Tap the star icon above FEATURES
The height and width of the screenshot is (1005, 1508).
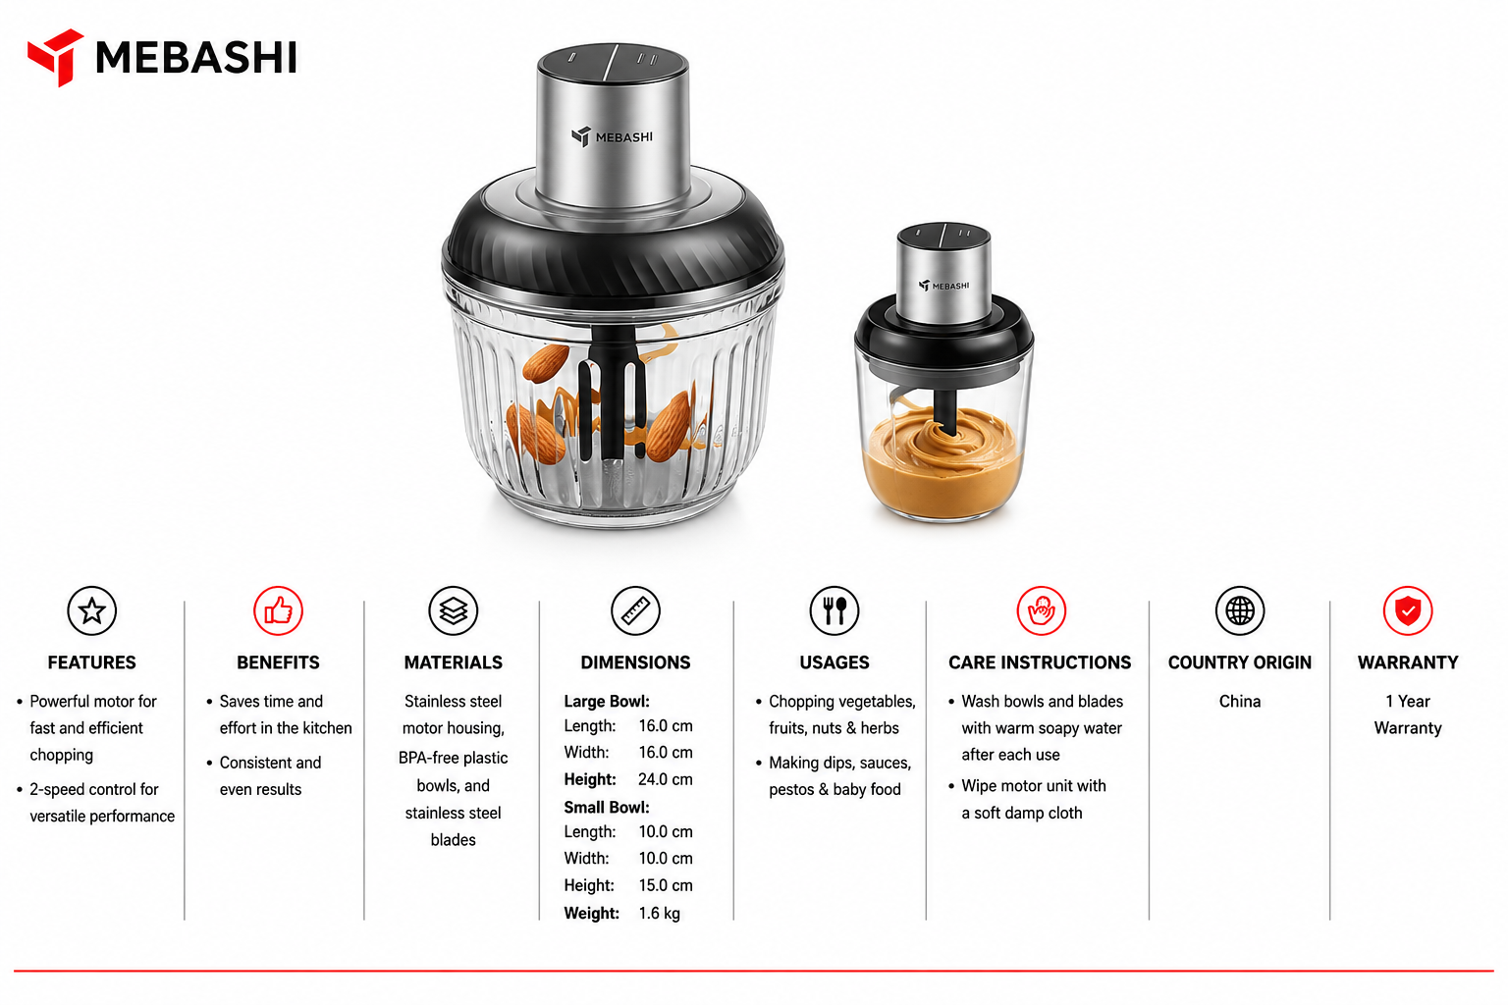(x=91, y=611)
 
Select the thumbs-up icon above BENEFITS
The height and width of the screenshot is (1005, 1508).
(x=278, y=611)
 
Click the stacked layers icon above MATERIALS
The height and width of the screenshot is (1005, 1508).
(x=453, y=611)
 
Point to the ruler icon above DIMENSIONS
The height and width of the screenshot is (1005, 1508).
(x=635, y=611)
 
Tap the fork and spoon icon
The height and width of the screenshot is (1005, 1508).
(x=835, y=611)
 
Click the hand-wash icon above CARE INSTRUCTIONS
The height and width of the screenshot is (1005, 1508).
(x=1041, y=611)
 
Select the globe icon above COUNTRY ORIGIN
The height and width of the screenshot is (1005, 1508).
(x=1240, y=611)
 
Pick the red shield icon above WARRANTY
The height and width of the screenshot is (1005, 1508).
(x=1408, y=611)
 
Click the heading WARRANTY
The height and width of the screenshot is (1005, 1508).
(x=1408, y=662)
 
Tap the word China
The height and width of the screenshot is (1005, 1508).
(x=1240, y=702)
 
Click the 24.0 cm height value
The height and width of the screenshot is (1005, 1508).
(x=665, y=779)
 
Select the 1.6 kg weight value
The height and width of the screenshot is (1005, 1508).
(x=659, y=914)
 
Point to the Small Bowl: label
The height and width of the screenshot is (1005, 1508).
(x=607, y=807)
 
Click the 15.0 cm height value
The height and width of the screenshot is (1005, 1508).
(x=665, y=886)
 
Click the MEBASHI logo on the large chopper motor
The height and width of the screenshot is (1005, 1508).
(x=612, y=136)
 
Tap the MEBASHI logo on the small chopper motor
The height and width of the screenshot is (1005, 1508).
(x=943, y=286)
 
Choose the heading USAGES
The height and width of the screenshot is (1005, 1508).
(x=835, y=662)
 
